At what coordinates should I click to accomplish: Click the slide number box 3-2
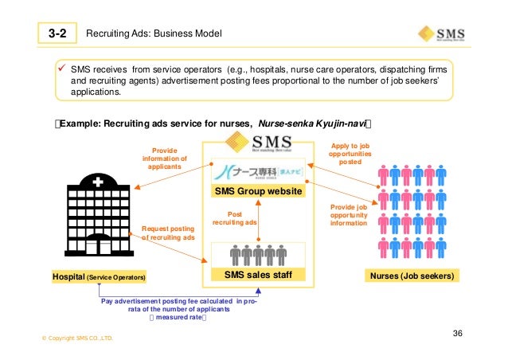[x=56, y=33]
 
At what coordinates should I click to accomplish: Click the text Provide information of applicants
[x=164, y=158]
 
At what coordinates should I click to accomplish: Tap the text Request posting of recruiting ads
[x=167, y=233]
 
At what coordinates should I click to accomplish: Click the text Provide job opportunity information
[x=348, y=214]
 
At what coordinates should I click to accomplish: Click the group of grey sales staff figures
[x=257, y=255]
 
